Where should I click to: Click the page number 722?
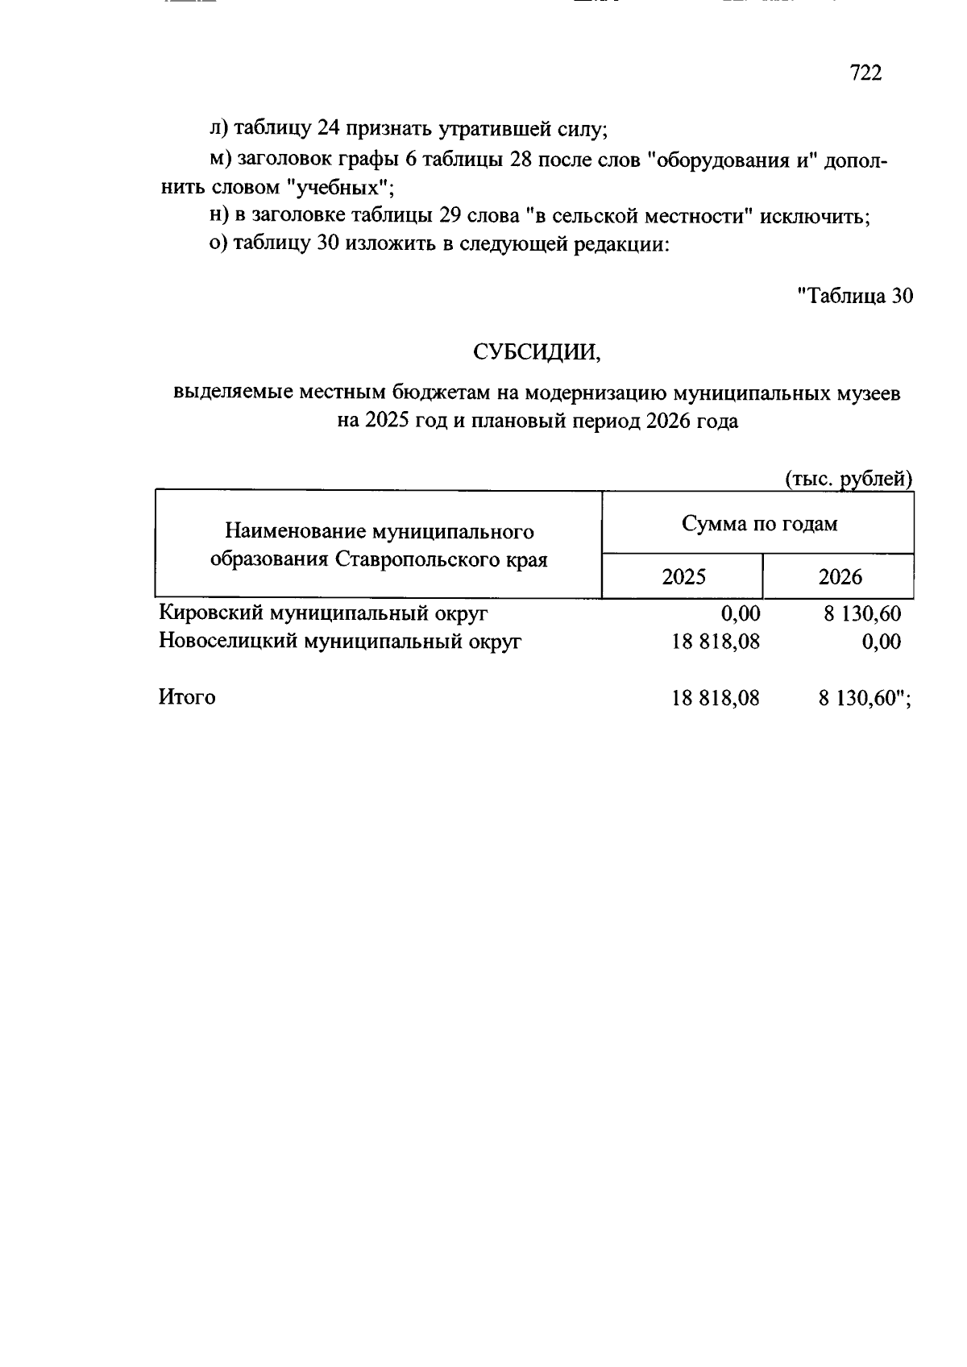(x=866, y=73)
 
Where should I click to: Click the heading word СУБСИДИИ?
(x=537, y=352)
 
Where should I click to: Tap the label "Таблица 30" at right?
(x=855, y=296)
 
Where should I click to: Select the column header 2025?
(x=683, y=577)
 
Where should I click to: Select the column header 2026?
(x=840, y=577)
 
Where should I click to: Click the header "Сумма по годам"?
(x=759, y=524)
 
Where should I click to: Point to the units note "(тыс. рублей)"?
(x=849, y=479)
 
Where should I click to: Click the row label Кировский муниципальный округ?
(x=324, y=613)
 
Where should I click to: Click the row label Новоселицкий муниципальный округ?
(x=340, y=642)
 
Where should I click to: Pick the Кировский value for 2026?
(x=861, y=614)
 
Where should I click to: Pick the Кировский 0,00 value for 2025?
(x=741, y=614)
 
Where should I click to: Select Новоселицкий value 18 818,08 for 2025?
(x=716, y=642)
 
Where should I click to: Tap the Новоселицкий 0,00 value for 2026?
(x=881, y=642)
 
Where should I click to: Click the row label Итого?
(x=187, y=697)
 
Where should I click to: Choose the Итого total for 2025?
(x=716, y=698)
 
